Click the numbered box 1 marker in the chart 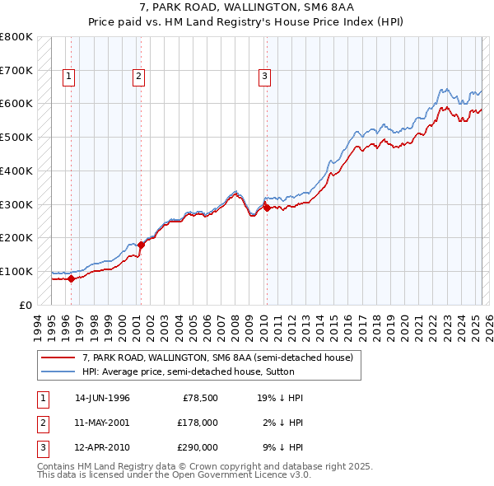pos(68,77)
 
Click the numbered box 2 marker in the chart pos(138,77)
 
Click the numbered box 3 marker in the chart pos(264,77)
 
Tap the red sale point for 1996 pos(71,278)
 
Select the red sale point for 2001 pos(141,245)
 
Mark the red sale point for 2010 pos(267,208)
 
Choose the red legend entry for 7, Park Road pos(217,357)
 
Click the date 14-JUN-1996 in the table pos(102,398)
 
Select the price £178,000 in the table pos(198,423)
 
